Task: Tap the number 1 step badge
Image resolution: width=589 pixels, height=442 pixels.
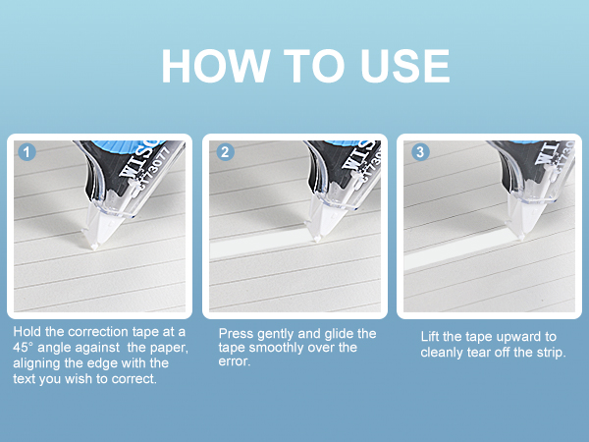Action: click(27, 152)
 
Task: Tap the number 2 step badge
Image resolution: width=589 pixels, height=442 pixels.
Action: click(225, 152)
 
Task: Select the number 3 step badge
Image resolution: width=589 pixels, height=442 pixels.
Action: click(420, 152)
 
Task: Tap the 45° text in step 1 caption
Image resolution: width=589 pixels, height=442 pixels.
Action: click(24, 348)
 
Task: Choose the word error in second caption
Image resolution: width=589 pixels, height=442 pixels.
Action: click(235, 361)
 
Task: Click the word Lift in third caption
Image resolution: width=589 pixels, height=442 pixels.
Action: click(430, 336)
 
